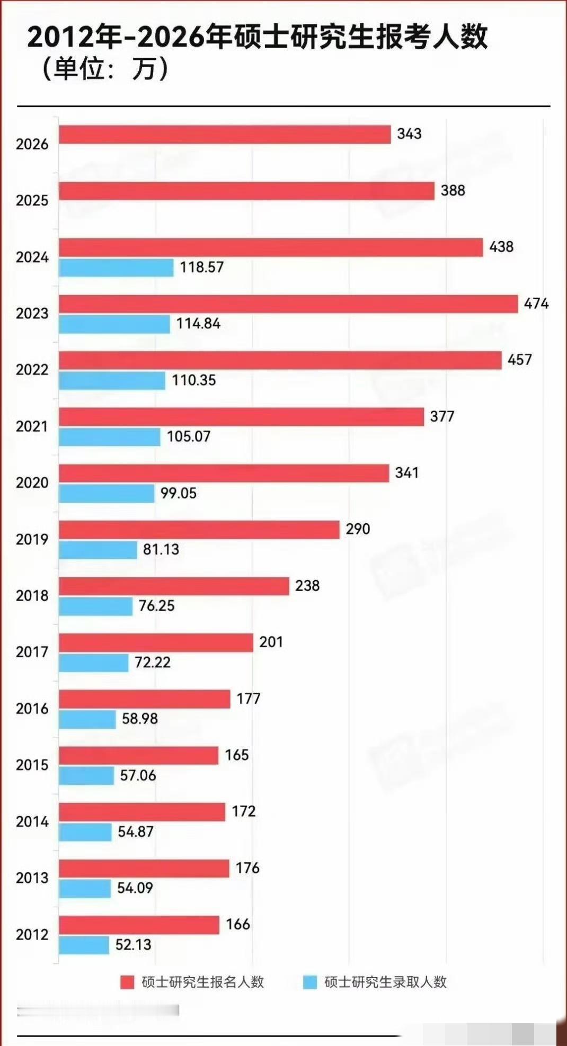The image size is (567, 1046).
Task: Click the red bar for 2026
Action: click(x=225, y=135)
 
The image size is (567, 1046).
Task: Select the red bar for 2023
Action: click(x=288, y=304)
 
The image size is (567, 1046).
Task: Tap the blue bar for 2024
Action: click(x=116, y=267)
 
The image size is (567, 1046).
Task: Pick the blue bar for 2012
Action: click(x=84, y=945)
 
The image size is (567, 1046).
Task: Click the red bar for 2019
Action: click(x=199, y=530)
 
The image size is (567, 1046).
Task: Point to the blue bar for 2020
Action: click(x=107, y=493)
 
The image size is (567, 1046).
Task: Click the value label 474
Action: click(x=536, y=303)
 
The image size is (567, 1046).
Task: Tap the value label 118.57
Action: click(x=201, y=267)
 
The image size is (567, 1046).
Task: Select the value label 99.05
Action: click(x=178, y=493)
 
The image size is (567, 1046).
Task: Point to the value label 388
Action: click(x=453, y=190)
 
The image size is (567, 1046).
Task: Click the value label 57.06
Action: click(x=138, y=775)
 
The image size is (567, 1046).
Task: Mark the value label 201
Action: click(x=271, y=642)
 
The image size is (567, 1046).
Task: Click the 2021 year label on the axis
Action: click(x=32, y=426)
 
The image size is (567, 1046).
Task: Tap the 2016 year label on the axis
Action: click(x=32, y=709)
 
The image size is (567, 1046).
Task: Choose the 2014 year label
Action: click(x=32, y=821)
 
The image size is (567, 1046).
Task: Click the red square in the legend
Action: click(x=127, y=982)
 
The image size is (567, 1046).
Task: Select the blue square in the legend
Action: click(x=310, y=982)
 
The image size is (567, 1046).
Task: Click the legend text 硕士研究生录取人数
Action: click(x=385, y=982)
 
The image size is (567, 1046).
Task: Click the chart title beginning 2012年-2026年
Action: click(x=257, y=37)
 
